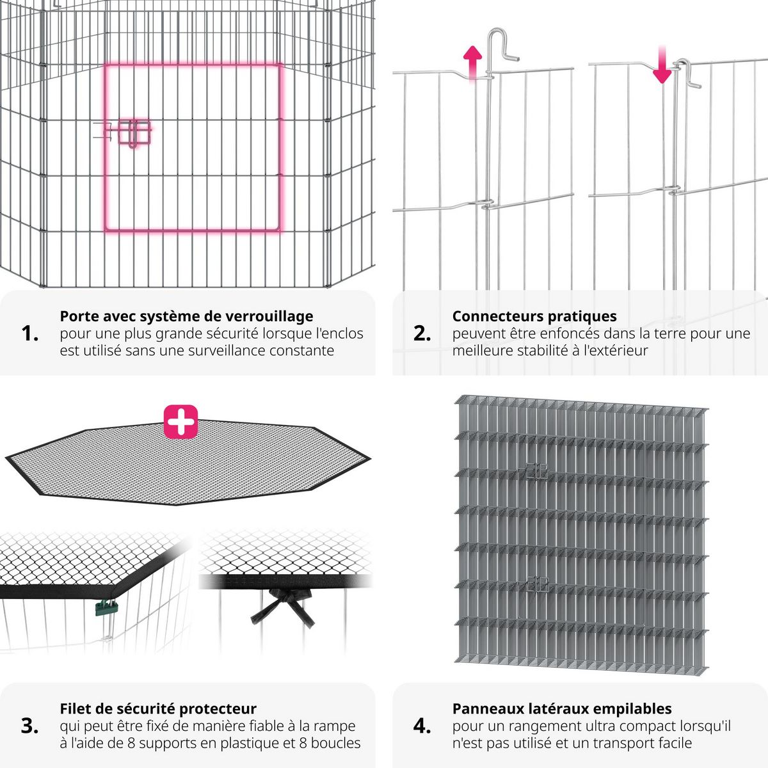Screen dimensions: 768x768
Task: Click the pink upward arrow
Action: tap(472, 61)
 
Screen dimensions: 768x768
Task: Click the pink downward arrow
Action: tap(662, 65)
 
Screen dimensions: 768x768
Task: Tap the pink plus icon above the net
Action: tap(181, 421)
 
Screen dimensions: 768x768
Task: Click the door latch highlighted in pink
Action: tap(133, 132)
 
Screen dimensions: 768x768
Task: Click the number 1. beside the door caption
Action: tap(30, 333)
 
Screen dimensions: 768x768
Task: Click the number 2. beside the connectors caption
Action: tap(422, 333)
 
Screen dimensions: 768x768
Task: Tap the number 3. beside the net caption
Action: tap(30, 726)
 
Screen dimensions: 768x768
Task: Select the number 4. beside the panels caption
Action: tap(422, 726)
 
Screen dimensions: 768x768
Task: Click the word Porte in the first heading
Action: tap(78, 316)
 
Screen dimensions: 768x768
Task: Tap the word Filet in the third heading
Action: tap(75, 708)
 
